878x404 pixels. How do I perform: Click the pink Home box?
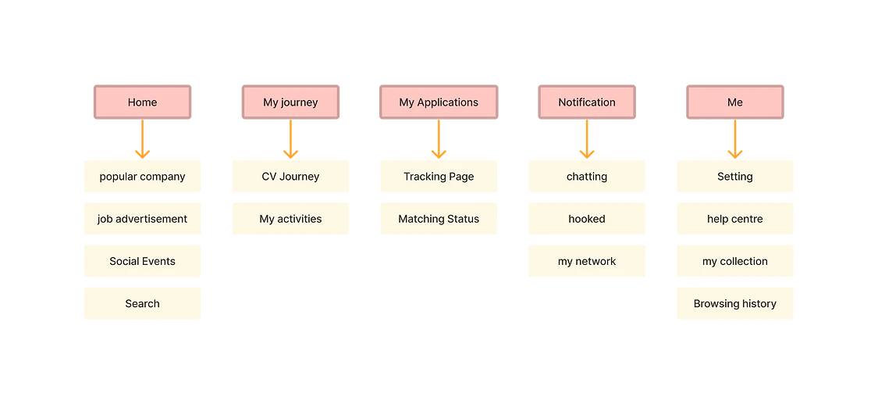click(142, 102)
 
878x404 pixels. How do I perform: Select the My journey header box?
click(290, 102)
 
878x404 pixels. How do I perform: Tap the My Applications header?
click(439, 102)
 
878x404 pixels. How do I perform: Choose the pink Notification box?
click(587, 102)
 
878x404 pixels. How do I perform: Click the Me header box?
click(734, 102)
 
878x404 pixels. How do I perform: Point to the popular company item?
click(143, 176)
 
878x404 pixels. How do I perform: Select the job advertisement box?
click(143, 219)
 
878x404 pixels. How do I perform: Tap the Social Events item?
click(143, 261)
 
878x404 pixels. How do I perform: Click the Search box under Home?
click(143, 303)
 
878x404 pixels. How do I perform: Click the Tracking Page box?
click(439, 176)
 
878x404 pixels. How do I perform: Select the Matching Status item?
click(439, 219)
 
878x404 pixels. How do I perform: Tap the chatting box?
click(587, 176)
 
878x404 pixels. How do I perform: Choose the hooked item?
click(587, 219)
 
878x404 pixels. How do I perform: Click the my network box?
click(587, 261)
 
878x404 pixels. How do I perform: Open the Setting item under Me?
click(735, 176)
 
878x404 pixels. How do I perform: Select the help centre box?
click(735, 219)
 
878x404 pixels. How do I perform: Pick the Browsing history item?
click(735, 303)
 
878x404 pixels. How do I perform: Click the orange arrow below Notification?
click(587, 141)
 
